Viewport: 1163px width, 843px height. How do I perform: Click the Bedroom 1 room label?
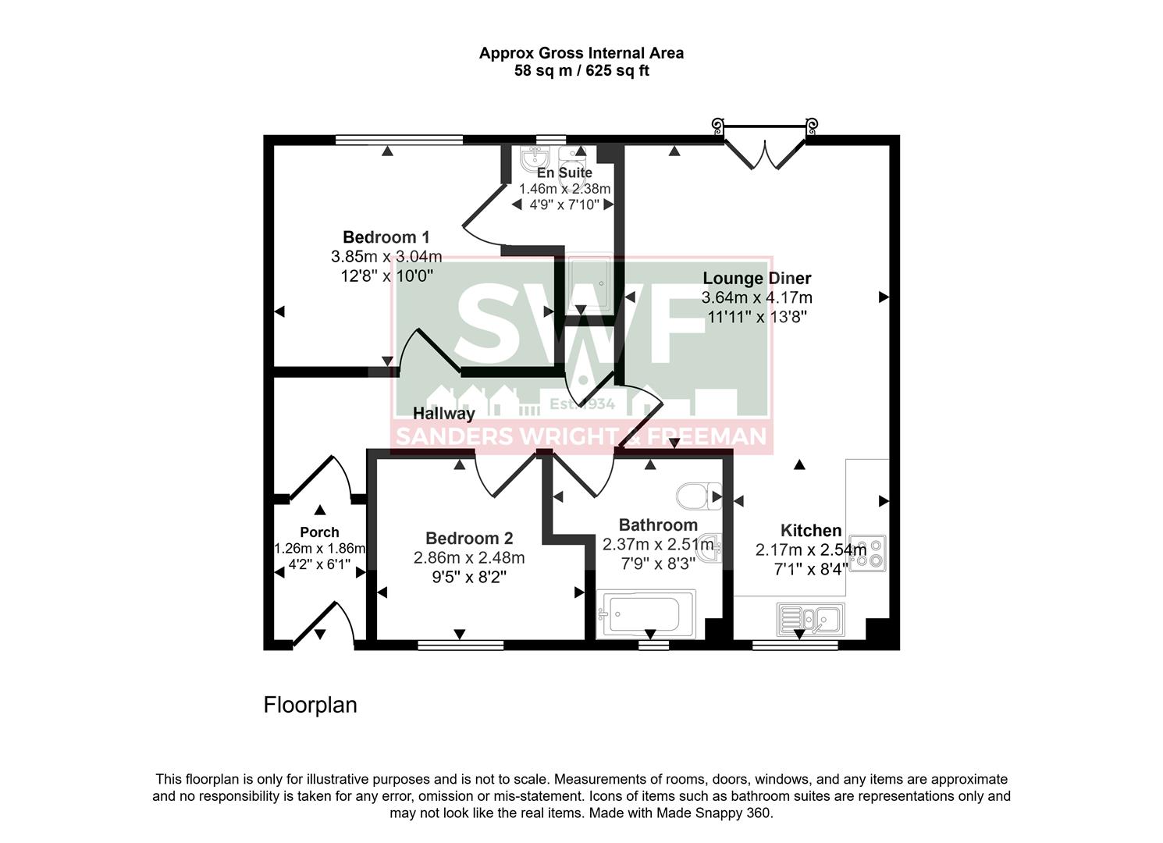[386, 237]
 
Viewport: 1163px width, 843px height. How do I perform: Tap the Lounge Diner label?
[756, 278]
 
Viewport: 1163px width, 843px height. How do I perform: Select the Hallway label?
[443, 414]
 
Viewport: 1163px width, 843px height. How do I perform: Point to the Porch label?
[319, 532]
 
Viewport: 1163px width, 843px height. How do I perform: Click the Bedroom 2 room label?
[469, 539]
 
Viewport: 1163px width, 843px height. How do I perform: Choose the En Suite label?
[564, 173]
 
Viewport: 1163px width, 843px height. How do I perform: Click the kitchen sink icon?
[810, 619]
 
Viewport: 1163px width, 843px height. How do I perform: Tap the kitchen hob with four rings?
[868, 553]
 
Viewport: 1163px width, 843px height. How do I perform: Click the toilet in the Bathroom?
[699, 496]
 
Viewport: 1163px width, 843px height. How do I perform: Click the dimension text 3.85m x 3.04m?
[386, 257]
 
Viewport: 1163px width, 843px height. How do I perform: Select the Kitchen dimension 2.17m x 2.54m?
[810, 550]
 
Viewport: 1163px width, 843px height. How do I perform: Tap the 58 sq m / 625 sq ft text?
[581, 71]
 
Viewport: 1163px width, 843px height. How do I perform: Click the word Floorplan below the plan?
[310, 705]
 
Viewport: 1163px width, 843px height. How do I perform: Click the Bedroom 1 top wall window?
[399, 140]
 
